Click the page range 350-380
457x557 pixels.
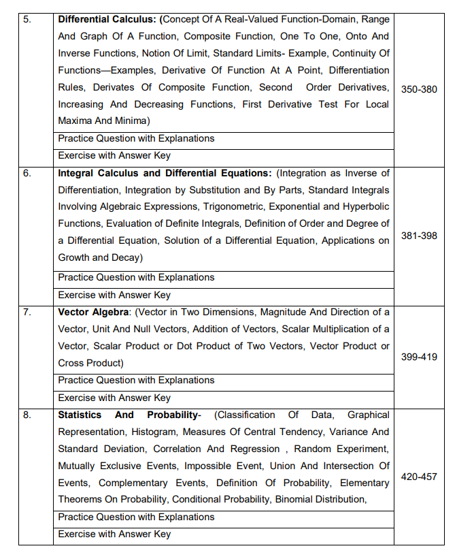coord(419,89)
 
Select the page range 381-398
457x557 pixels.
coord(419,236)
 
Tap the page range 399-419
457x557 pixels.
coord(419,357)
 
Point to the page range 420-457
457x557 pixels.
coord(419,477)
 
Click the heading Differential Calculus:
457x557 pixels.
coord(107,19)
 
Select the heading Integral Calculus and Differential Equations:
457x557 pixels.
coord(165,173)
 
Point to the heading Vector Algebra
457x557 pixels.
coord(94,312)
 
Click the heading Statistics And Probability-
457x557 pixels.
coord(129,415)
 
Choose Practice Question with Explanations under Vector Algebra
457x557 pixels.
coord(136,380)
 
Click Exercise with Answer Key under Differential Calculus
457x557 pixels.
coord(114,155)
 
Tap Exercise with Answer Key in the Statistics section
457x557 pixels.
coord(114,534)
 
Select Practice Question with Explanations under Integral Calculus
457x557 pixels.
coord(136,277)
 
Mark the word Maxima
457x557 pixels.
coord(76,121)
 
